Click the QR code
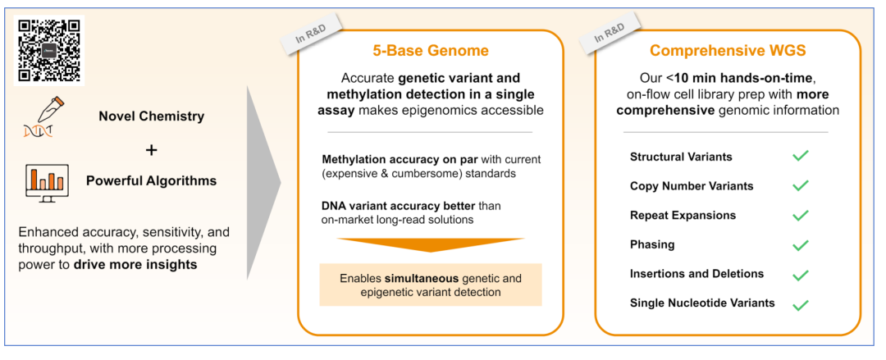[x=48, y=49]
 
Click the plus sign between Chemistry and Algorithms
[x=151, y=151]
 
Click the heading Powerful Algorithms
[x=151, y=181]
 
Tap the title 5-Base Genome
[x=430, y=51]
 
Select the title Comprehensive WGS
[x=727, y=51]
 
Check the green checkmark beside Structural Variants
[x=801, y=156]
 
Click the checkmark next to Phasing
[x=801, y=245]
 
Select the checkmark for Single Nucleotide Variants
[x=801, y=304]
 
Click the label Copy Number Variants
[x=691, y=186]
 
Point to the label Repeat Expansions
[x=683, y=215]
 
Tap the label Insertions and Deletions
[x=696, y=274]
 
